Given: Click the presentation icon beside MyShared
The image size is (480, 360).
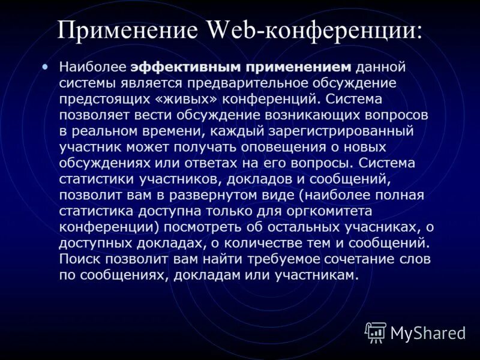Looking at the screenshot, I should pos(376,332).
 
